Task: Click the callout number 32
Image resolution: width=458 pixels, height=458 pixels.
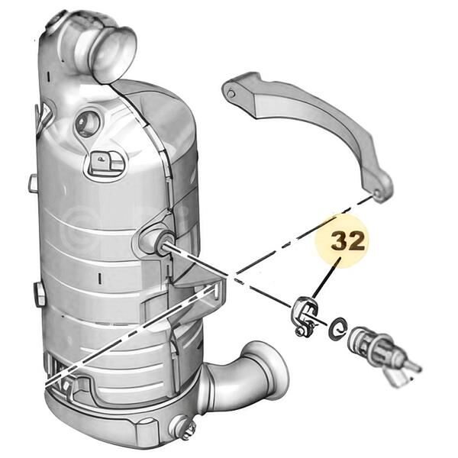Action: click(348, 241)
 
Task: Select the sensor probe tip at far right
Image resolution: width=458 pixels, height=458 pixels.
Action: click(415, 367)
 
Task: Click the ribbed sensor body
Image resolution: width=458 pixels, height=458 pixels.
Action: click(370, 344)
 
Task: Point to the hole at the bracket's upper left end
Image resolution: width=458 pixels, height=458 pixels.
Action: click(231, 94)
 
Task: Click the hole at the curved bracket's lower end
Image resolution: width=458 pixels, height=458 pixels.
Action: click(377, 193)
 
